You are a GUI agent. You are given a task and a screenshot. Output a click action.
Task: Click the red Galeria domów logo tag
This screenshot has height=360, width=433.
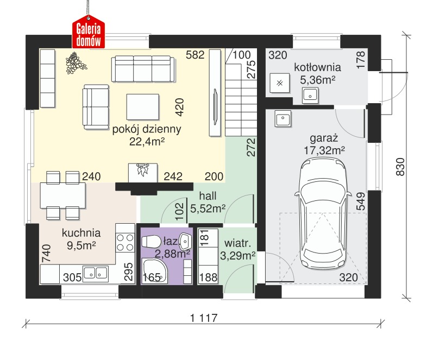click(x=89, y=31)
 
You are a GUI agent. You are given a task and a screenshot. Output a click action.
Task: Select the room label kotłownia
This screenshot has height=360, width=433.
click(x=317, y=67)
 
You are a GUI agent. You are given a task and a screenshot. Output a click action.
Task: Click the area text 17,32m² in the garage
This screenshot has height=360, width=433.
click(x=324, y=150)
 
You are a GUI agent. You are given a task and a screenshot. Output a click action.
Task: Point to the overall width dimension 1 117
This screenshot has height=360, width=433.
click(x=204, y=318)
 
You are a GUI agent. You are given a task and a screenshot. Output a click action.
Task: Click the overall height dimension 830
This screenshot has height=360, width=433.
click(x=400, y=167)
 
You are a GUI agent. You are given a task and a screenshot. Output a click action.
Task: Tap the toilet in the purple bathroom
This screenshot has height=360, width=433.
click(x=151, y=242)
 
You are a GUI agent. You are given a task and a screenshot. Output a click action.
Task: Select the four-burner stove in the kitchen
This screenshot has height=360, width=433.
click(x=125, y=242)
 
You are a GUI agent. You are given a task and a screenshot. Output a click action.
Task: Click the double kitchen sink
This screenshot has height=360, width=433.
click(x=96, y=273)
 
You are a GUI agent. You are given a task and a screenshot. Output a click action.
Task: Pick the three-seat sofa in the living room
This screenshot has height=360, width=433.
click(x=143, y=69)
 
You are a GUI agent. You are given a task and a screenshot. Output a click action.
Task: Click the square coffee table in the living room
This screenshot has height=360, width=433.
click(x=143, y=107)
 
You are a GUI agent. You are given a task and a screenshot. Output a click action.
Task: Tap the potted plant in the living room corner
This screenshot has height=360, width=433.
click(x=76, y=63)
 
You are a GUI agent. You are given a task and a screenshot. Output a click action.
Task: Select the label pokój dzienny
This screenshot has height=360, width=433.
click(x=147, y=129)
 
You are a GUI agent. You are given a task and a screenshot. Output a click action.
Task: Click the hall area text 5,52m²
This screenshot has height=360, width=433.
click(x=208, y=209)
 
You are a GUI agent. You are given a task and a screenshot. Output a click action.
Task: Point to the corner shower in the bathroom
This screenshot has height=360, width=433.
click(x=155, y=271)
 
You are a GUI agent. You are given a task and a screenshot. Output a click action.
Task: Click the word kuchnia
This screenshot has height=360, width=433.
click(x=81, y=233)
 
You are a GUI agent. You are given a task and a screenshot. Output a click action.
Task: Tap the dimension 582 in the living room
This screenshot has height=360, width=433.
click(x=195, y=55)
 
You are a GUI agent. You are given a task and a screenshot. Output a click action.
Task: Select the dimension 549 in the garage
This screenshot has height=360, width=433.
click(x=361, y=201)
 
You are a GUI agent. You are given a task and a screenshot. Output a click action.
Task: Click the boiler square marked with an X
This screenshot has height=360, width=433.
click(x=280, y=83)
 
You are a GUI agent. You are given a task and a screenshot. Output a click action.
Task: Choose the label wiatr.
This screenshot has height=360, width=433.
click(x=238, y=243)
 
